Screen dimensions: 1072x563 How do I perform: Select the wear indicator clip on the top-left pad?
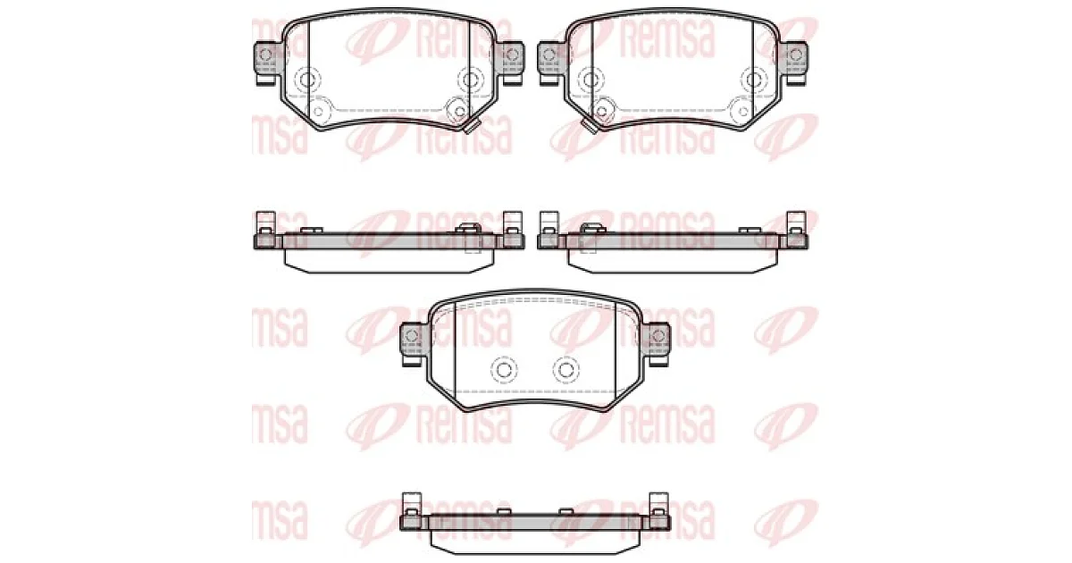pyautogui.click(x=473, y=126)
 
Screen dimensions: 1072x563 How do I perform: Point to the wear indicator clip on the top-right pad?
pyautogui.click(x=588, y=126)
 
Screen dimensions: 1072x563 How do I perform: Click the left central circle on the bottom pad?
pyautogui.click(x=504, y=370)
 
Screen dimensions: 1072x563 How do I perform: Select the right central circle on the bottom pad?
pyautogui.click(x=566, y=370)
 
